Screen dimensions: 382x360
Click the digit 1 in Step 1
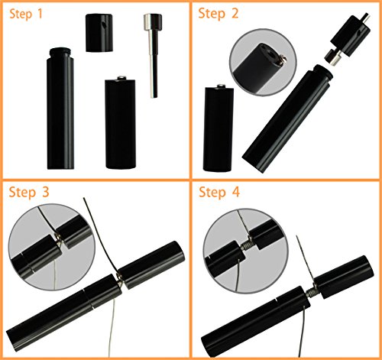40,14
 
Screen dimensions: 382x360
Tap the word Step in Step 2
212,14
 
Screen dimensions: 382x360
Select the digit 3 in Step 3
45,192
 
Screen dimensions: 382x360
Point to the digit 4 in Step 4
236,192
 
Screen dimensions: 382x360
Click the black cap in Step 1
99,33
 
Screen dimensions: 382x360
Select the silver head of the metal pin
153,22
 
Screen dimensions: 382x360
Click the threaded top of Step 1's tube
60,53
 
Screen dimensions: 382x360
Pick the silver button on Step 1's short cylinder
121,78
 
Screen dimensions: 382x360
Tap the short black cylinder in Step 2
219,129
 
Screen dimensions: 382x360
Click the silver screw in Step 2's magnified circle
283,60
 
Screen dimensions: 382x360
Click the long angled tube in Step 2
287,119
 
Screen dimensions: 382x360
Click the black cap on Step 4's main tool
344,277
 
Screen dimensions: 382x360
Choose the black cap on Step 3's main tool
152,264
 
